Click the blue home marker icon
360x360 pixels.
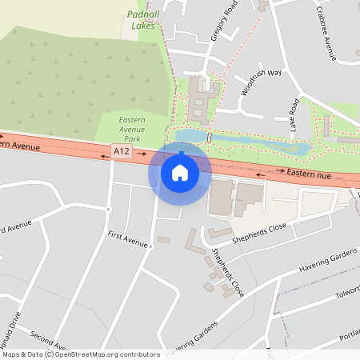pos(180,172)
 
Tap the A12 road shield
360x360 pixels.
pos(122,150)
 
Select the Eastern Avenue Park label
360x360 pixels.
pos(126,128)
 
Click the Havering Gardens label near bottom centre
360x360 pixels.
pos(192,340)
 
